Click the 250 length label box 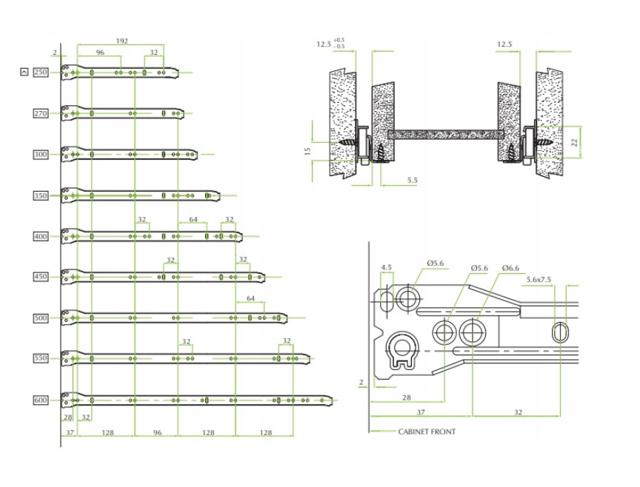(40, 72)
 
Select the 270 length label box (40, 113)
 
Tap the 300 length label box (40, 155)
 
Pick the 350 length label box (40, 195)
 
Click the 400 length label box (40, 236)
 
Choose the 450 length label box (40, 277)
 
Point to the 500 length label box (40, 318)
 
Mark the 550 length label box (40, 358)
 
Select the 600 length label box (40, 400)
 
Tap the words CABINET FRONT (427, 431)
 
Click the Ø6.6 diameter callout (510, 267)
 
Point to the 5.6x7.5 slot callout (539, 279)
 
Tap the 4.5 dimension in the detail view (386, 267)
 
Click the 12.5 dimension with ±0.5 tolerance (324, 44)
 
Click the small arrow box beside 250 (24, 72)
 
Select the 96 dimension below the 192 (99, 53)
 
